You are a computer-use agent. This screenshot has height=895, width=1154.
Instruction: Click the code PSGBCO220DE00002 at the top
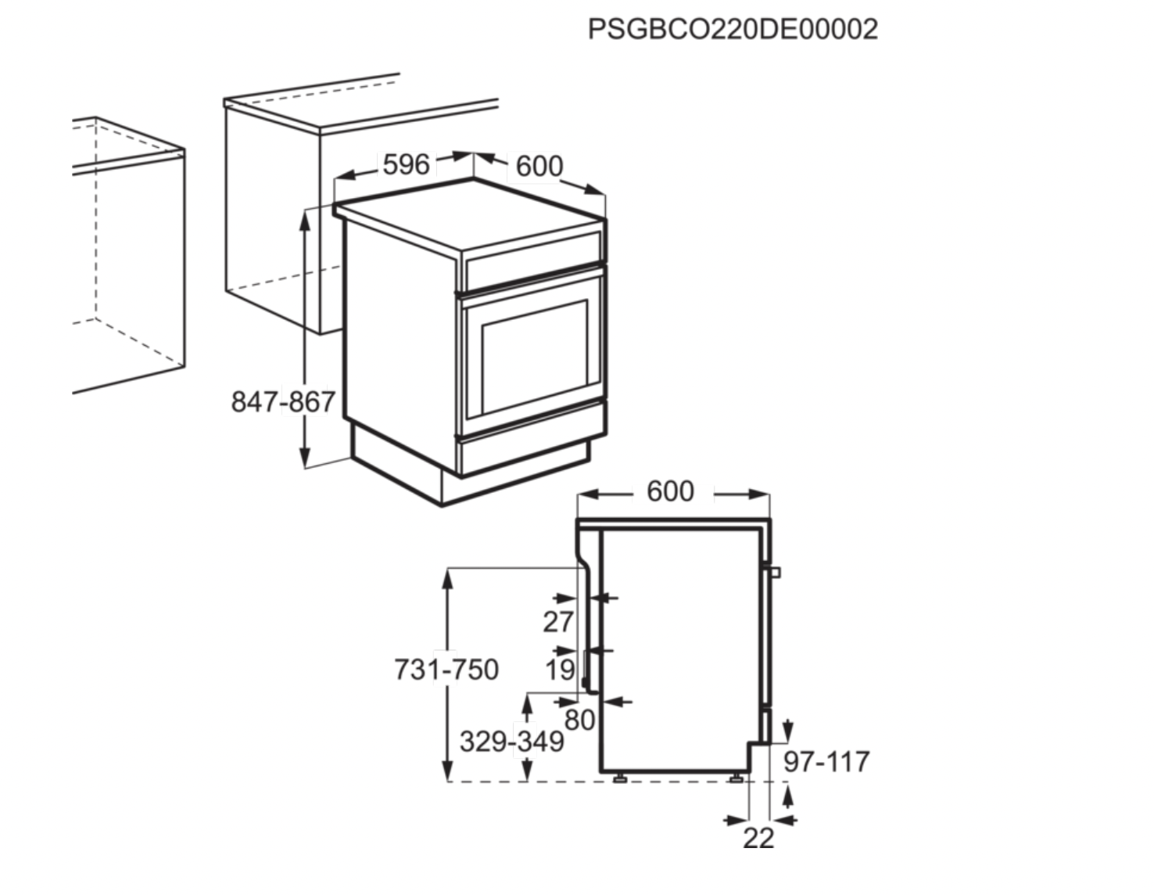[733, 29]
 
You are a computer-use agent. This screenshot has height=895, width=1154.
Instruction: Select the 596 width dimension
[406, 164]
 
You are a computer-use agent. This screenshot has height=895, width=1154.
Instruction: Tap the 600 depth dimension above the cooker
[539, 167]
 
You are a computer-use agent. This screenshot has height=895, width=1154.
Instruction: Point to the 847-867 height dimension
[283, 402]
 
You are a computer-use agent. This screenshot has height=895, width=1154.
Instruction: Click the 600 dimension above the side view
[671, 491]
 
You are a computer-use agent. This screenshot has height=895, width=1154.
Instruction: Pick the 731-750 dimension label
[446, 670]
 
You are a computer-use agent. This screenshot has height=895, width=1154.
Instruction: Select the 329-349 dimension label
[511, 741]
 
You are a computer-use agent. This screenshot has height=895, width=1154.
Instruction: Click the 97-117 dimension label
[826, 761]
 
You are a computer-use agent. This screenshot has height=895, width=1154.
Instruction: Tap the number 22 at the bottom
[758, 838]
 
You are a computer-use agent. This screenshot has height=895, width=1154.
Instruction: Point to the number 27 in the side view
[558, 622]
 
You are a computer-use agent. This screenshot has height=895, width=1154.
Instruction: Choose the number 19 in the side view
[560, 670]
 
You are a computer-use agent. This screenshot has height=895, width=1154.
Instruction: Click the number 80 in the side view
[579, 720]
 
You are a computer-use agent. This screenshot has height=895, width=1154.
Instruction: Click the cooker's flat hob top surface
[469, 211]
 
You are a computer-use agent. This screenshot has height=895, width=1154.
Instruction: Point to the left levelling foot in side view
[619, 778]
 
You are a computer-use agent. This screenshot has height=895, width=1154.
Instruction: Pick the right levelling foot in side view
[736, 778]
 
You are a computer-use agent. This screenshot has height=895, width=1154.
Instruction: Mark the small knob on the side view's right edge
[776, 572]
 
